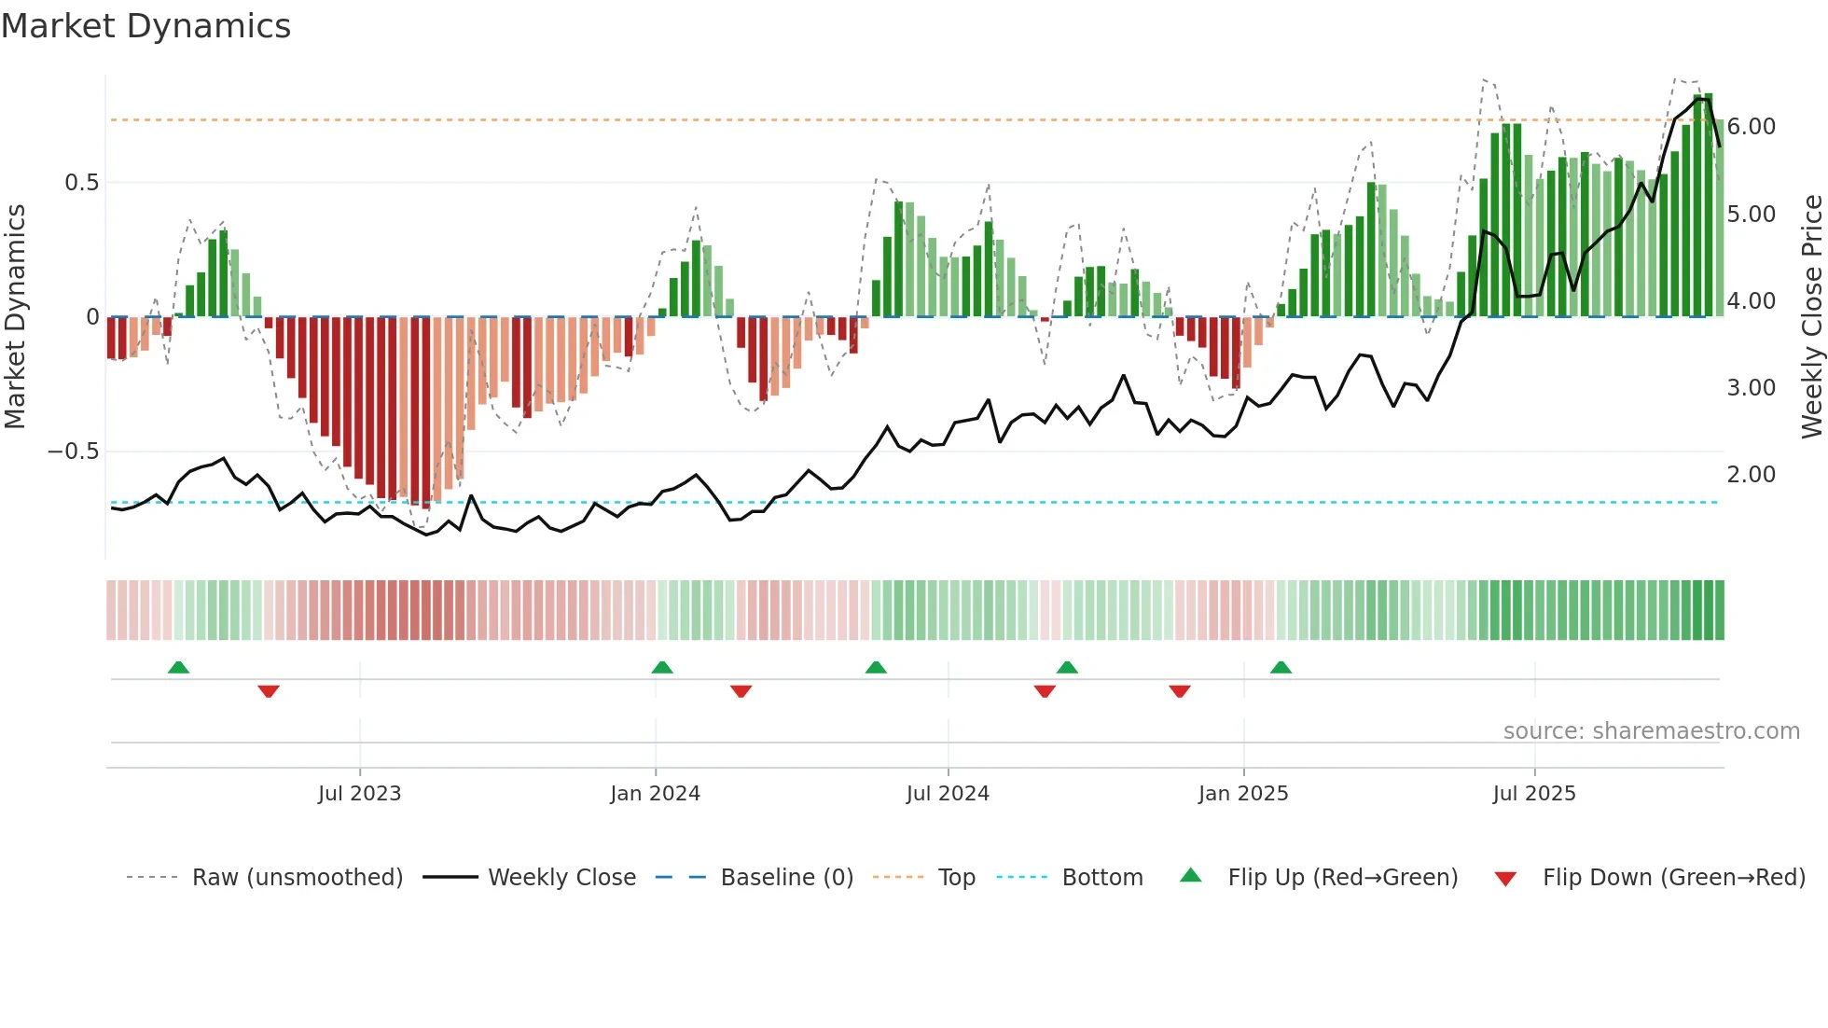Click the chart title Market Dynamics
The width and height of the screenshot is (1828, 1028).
click(x=146, y=26)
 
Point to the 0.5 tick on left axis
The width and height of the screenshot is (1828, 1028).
click(x=82, y=183)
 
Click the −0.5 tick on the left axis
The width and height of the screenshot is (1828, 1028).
click(x=74, y=451)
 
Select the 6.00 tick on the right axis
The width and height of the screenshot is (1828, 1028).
click(x=1751, y=127)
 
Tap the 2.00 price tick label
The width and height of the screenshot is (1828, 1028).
click(x=1751, y=475)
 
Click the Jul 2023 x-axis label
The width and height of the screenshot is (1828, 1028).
click(x=359, y=794)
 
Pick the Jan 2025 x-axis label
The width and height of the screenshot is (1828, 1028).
click(x=1242, y=794)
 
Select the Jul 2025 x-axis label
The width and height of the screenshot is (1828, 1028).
click(x=1533, y=794)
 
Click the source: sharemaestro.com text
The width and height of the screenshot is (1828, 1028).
click(x=1651, y=731)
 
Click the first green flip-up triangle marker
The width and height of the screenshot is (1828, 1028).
click(x=178, y=667)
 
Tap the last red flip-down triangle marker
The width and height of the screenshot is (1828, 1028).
click(x=1179, y=691)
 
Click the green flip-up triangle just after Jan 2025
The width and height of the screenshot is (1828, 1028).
click(x=1281, y=667)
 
